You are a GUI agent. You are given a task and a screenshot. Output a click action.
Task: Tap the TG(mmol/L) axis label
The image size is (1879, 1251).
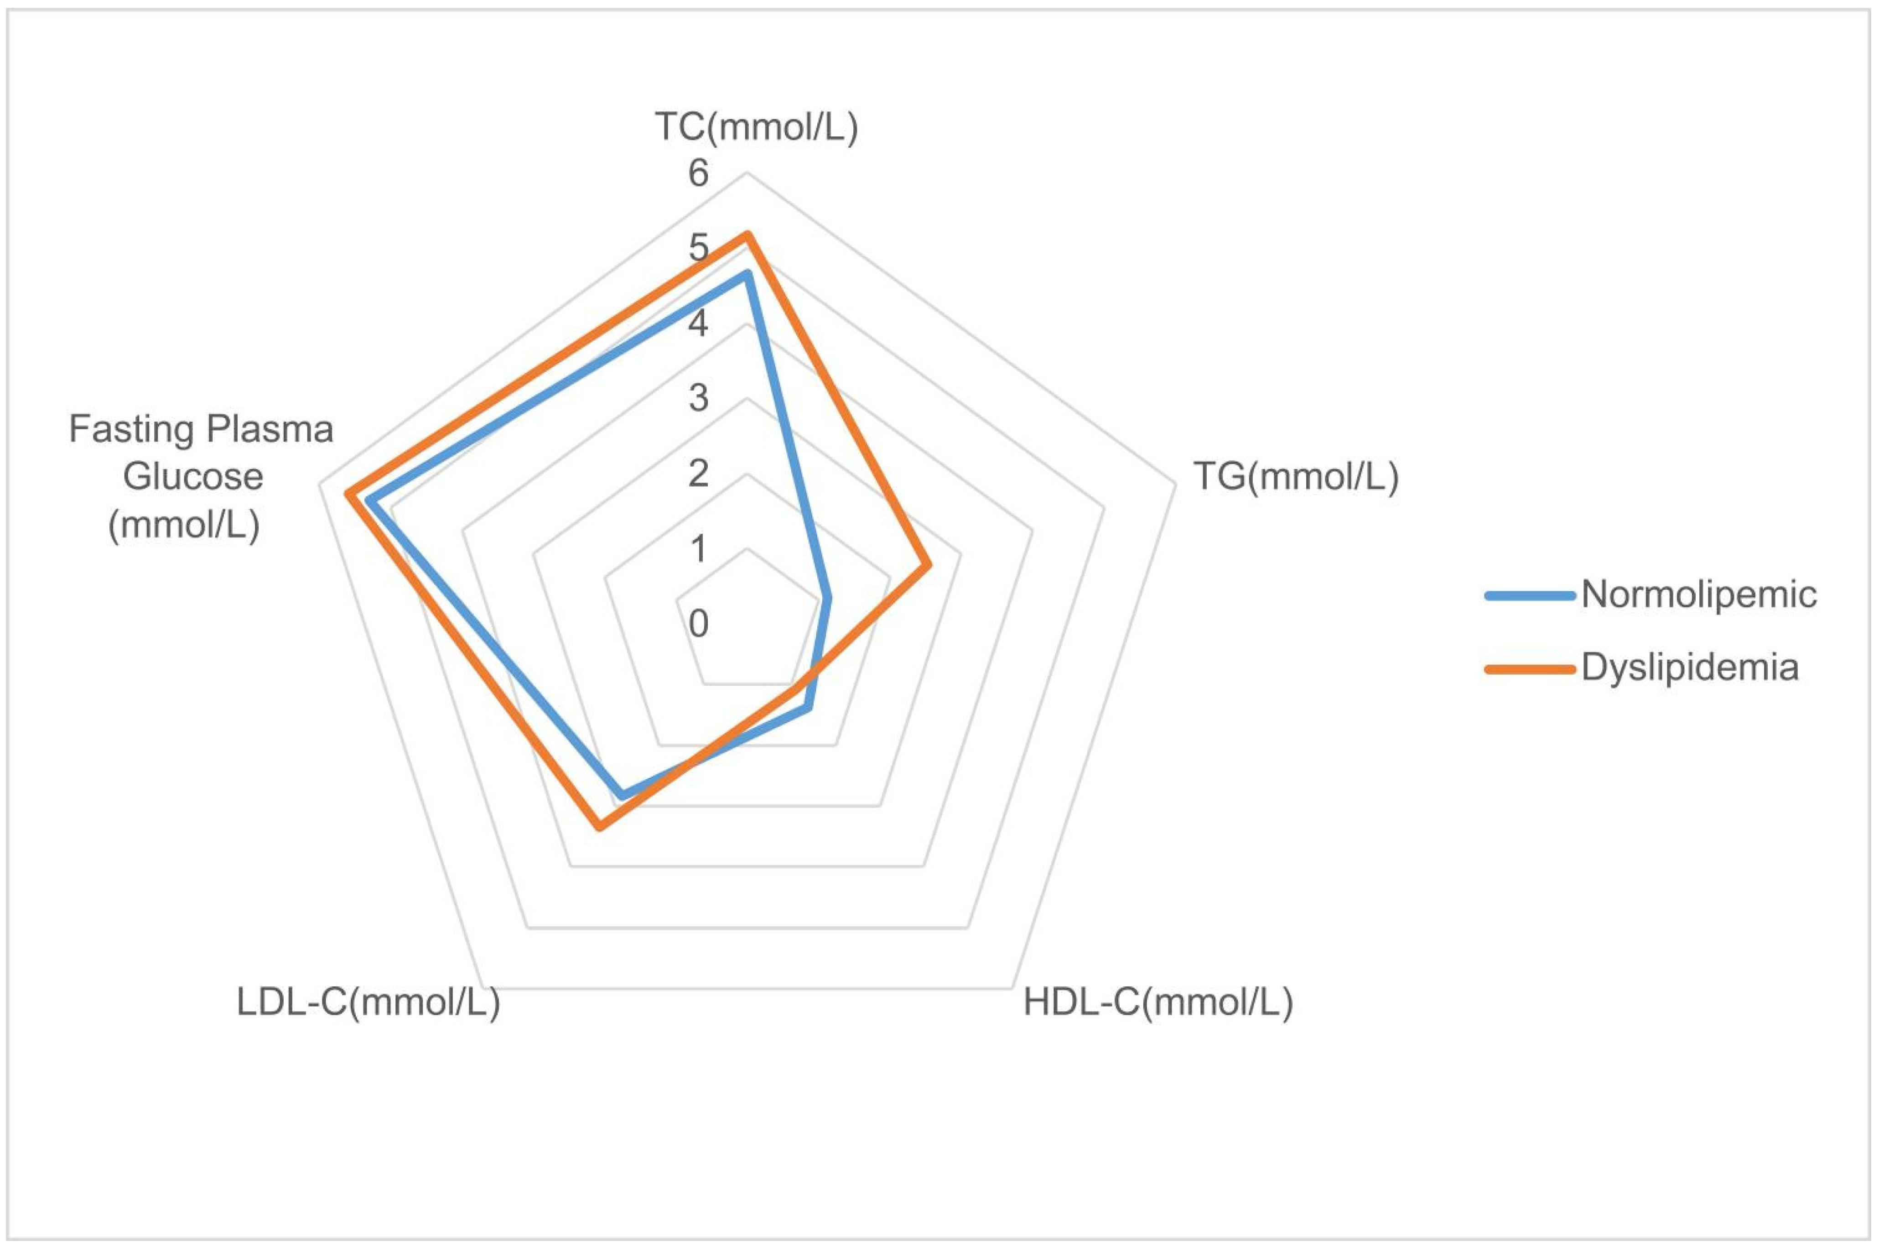[x=1295, y=477]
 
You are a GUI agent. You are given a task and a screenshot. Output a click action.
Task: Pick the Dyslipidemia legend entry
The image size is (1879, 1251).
[x=1689, y=667]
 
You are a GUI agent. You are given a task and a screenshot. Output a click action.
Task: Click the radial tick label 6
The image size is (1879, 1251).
[x=699, y=173]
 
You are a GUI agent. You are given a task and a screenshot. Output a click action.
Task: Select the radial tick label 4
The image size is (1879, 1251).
[x=699, y=323]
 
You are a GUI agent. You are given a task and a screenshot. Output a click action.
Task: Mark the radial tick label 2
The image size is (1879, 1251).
[x=699, y=473]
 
